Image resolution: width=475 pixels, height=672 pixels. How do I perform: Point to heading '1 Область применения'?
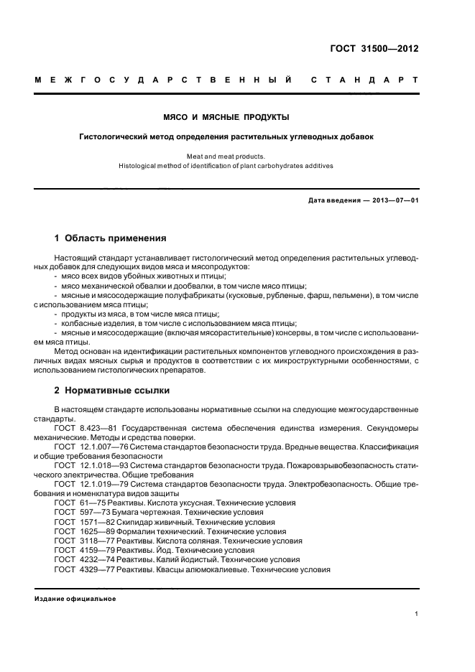pyautogui.click(x=111, y=238)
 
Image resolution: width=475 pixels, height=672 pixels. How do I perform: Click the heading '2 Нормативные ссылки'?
pyautogui.click(x=112, y=391)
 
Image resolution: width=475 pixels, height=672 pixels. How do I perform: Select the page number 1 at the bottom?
pyautogui.click(x=416, y=614)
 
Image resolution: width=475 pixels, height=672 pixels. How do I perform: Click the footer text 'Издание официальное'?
pyautogui.click(x=75, y=598)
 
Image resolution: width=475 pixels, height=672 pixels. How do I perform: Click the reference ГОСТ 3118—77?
pyautogui.click(x=79, y=541)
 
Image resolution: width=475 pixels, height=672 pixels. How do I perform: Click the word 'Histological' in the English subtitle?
pyautogui.click(x=142, y=167)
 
